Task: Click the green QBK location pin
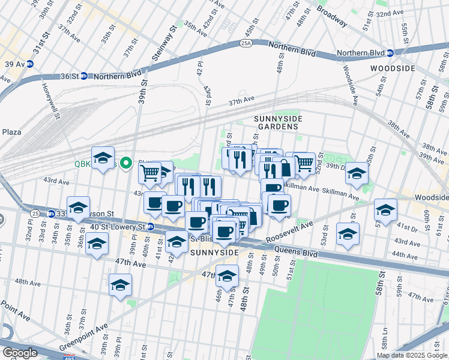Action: click(126, 163)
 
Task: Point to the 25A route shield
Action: click(246, 44)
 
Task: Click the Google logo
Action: click(19, 353)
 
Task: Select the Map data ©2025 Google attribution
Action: click(412, 355)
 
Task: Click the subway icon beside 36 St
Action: click(84, 76)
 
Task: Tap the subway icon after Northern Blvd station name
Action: click(390, 53)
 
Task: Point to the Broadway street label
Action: click(332, 16)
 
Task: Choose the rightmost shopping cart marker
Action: click(304, 161)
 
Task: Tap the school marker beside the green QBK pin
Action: click(103, 158)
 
